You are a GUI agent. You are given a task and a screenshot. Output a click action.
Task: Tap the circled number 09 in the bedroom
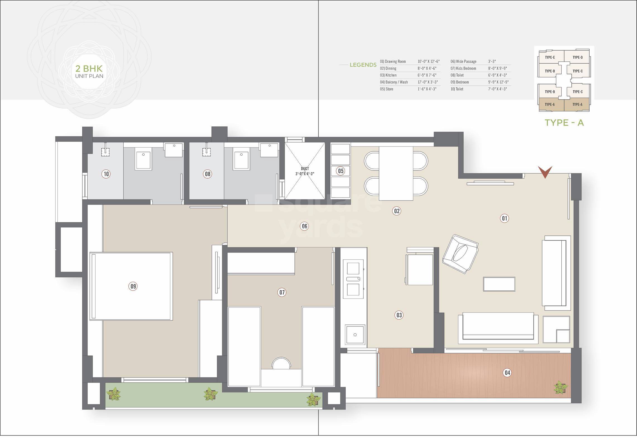tap(133, 286)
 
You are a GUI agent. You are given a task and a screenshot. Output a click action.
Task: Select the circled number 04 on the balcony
tap(507, 372)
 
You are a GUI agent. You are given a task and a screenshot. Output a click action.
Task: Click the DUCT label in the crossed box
tap(305, 169)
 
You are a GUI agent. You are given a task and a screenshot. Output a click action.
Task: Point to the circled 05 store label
tap(341, 171)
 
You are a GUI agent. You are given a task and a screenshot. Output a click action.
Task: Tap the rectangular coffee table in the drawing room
tap(499, 284)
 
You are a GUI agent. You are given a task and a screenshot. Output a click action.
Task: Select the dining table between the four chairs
tap(396, 174)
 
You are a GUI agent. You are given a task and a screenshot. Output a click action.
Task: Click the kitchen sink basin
tap(355, 334)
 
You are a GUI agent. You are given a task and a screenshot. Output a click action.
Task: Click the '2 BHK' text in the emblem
tap(89, 69)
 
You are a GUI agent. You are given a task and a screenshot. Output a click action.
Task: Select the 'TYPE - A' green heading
tap(564, 122)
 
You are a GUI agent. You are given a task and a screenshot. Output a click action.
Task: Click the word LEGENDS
tap(363, 65)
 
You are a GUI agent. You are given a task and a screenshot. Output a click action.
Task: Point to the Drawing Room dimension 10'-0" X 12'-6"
tap(428, 61)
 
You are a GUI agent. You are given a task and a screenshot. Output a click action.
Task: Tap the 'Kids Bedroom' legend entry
tap(466, 68)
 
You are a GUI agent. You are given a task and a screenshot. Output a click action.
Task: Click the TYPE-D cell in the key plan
tap(578, 57)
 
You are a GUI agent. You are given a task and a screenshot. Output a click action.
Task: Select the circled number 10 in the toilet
tap(106, 174)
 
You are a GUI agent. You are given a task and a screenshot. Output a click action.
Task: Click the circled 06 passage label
tap(305, 226)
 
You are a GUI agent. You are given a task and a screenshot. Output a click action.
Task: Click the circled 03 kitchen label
tap(399, 315)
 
